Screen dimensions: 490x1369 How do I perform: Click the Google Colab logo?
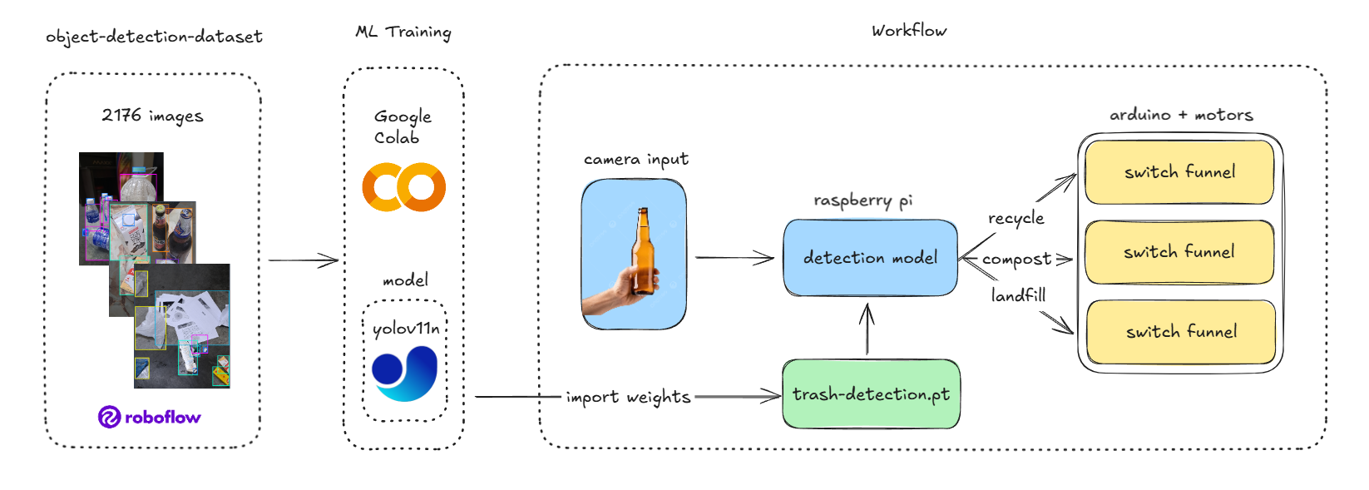tap(403, 187)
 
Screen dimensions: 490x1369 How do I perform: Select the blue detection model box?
tap(870, 258)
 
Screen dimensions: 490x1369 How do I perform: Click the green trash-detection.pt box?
tap(871, 394)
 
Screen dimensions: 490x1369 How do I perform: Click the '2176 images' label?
tap(152, 116)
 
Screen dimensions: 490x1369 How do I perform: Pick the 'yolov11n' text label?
tap(405, 329)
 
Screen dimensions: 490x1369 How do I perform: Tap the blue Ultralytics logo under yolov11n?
tap(404, 374)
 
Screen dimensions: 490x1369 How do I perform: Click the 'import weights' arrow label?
tap(628, 397)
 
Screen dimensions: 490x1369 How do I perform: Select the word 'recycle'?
tap(1016, 218)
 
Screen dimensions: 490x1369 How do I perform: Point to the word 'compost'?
tap(1016, 260)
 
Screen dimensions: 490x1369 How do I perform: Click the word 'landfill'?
tap(1018, 295)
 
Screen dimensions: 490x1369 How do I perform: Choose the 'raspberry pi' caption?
tap(862, 200)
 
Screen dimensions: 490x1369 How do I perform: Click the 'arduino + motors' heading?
tap(1181, 115)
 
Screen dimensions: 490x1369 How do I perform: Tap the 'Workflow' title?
tap(908, 31)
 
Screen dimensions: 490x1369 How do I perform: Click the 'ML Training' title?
tap(403, 32)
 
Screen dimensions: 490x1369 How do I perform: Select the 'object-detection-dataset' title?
tap(154, 37)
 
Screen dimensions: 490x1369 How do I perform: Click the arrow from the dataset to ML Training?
tap(303, 260)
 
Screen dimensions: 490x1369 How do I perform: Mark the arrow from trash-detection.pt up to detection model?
tap(867, 329)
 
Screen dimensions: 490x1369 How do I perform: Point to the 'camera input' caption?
tap(635, 159)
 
